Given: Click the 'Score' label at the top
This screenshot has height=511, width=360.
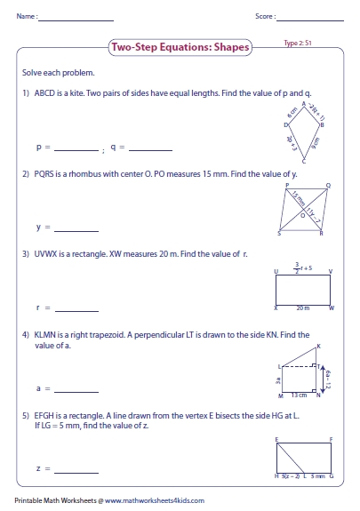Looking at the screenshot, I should tap(264, 16).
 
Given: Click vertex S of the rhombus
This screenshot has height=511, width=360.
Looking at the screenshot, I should tap(279, 233).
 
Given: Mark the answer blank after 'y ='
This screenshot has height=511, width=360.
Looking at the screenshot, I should tap(76, 228).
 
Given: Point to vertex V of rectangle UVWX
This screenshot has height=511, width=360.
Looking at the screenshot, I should tap(332, 271).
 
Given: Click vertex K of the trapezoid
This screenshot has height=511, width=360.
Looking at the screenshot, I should tap(318, 345).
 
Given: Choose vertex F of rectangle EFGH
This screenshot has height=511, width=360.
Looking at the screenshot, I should tap(332, 438).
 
